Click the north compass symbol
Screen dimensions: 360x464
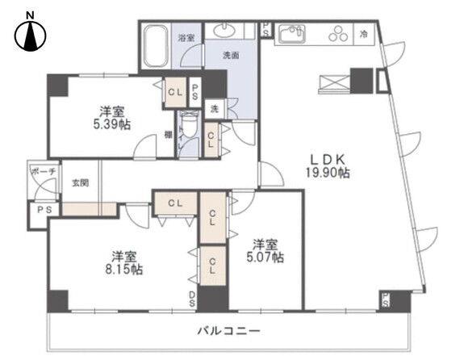[x=31, y=34]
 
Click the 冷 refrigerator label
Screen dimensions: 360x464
[x=365, y=34]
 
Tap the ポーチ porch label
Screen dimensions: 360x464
[x=43, y=172]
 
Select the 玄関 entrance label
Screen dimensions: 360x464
[x=79, y=182]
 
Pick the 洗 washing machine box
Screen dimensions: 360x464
[x=215, y=107]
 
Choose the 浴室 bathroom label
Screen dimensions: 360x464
[x=186, y=37]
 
